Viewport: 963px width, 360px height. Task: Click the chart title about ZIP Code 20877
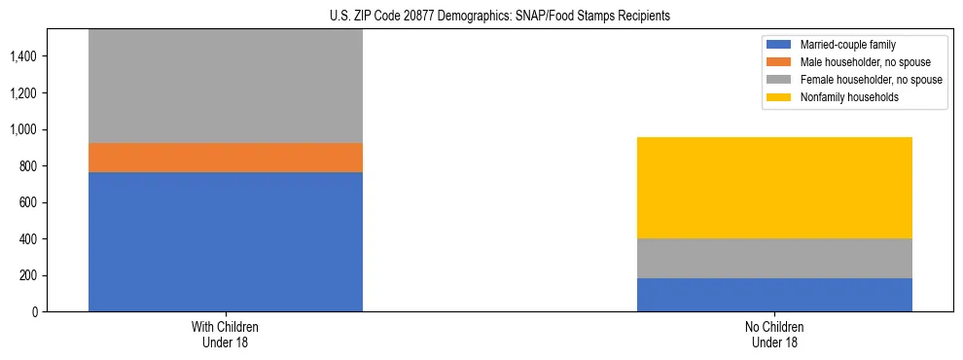[x=481, y=16]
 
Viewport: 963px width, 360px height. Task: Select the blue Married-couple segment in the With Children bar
[x=226, y=241]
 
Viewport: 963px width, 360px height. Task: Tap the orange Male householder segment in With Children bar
[x=226, y=158]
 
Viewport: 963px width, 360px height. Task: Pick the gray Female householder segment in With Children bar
[x=226, y=87]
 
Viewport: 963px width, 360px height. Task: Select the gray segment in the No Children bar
[x=774, y=258]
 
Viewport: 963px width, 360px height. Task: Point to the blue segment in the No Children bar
[x=774, y=295]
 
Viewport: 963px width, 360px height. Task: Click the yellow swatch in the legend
[x=779, y=97]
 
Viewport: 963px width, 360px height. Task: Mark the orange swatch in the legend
[x=779, y=62]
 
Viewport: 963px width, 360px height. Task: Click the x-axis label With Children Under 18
[x=226, y=335]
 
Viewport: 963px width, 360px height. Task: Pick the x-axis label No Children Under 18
[x=774, y=335]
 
